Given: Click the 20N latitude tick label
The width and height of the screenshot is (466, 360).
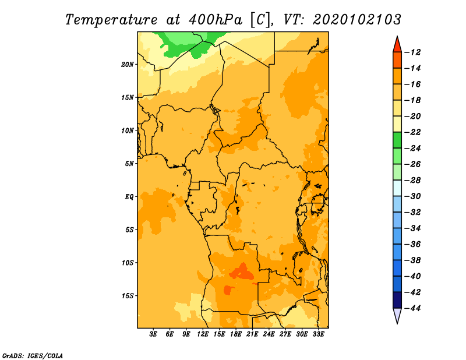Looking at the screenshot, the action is point(127,65).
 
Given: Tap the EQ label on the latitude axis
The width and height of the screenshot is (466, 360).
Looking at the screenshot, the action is point(129,197).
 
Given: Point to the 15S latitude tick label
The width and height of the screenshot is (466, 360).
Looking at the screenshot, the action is point(127,296).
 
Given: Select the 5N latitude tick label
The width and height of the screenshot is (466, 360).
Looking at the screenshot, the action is point(129,164).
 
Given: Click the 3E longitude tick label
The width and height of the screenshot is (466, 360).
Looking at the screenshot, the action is point(153,334).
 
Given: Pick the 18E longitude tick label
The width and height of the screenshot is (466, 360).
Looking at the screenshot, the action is point(236,334).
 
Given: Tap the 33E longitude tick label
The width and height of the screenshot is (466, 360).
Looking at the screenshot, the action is point(318,334).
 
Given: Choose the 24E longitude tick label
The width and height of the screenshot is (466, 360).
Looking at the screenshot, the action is point(269,334).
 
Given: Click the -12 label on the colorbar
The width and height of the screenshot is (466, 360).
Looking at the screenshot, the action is point(412,52).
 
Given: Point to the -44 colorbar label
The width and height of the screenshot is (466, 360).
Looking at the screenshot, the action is point(412,308).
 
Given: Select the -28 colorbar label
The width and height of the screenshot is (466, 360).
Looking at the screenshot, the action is point(412,181).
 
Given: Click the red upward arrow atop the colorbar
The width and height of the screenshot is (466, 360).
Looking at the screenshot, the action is point(397,44).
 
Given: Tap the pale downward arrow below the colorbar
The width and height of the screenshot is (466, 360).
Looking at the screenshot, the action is point(397,316).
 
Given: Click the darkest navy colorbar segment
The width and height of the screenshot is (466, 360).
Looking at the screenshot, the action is point(397,300).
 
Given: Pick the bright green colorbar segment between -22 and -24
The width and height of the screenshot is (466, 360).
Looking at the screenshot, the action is point(397,140).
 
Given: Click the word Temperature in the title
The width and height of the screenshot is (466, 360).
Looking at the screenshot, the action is point(111,20).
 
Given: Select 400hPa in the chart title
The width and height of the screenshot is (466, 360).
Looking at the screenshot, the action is point(216,20).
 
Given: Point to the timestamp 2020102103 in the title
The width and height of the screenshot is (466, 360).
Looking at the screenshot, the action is point(357,20).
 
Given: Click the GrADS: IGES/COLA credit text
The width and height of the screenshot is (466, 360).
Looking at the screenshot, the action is point(33,356).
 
